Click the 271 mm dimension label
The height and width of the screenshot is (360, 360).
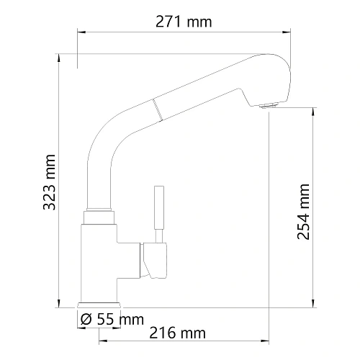pos(184,22)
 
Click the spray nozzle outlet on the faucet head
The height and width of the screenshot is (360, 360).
pos(267,106)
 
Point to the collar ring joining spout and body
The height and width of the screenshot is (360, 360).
pos(99,215)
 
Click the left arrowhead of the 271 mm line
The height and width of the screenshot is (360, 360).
pos(80,32)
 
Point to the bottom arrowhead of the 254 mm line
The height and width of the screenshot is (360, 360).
pos(312,303)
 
